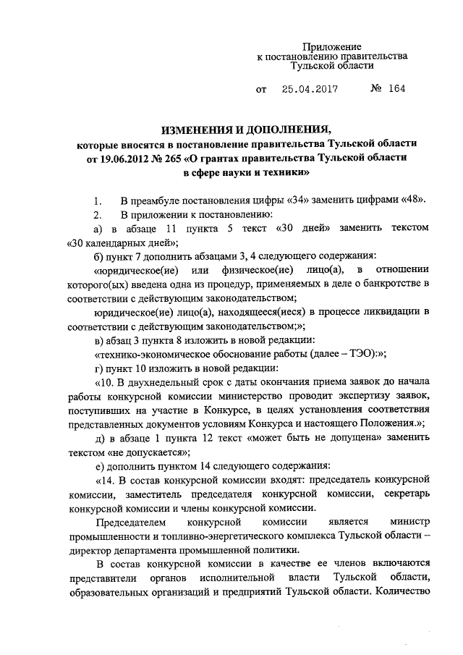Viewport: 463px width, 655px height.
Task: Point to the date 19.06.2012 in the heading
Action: (x=127, y=158)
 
